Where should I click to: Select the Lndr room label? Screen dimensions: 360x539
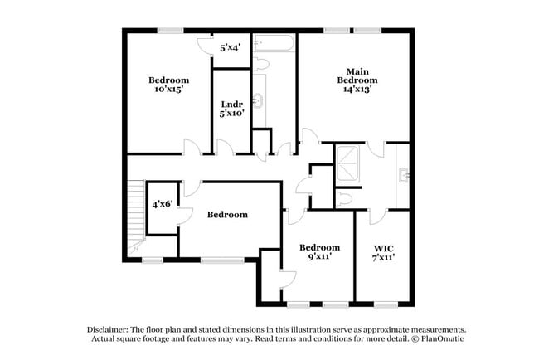point(231,104)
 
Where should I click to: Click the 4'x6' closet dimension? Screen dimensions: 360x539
point(162,204)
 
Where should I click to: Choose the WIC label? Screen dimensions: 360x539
point(383,247)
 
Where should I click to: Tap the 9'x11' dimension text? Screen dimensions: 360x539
point(319,258)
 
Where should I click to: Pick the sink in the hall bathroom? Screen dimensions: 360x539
point(259,101)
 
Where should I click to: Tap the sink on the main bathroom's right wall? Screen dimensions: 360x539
point(404,174)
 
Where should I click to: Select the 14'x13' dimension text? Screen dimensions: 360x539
point(357,90)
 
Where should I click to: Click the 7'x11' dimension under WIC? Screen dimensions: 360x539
point(383,258)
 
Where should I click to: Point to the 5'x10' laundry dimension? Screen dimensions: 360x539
point(231,114)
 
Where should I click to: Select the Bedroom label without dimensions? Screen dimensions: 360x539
point(227,215)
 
